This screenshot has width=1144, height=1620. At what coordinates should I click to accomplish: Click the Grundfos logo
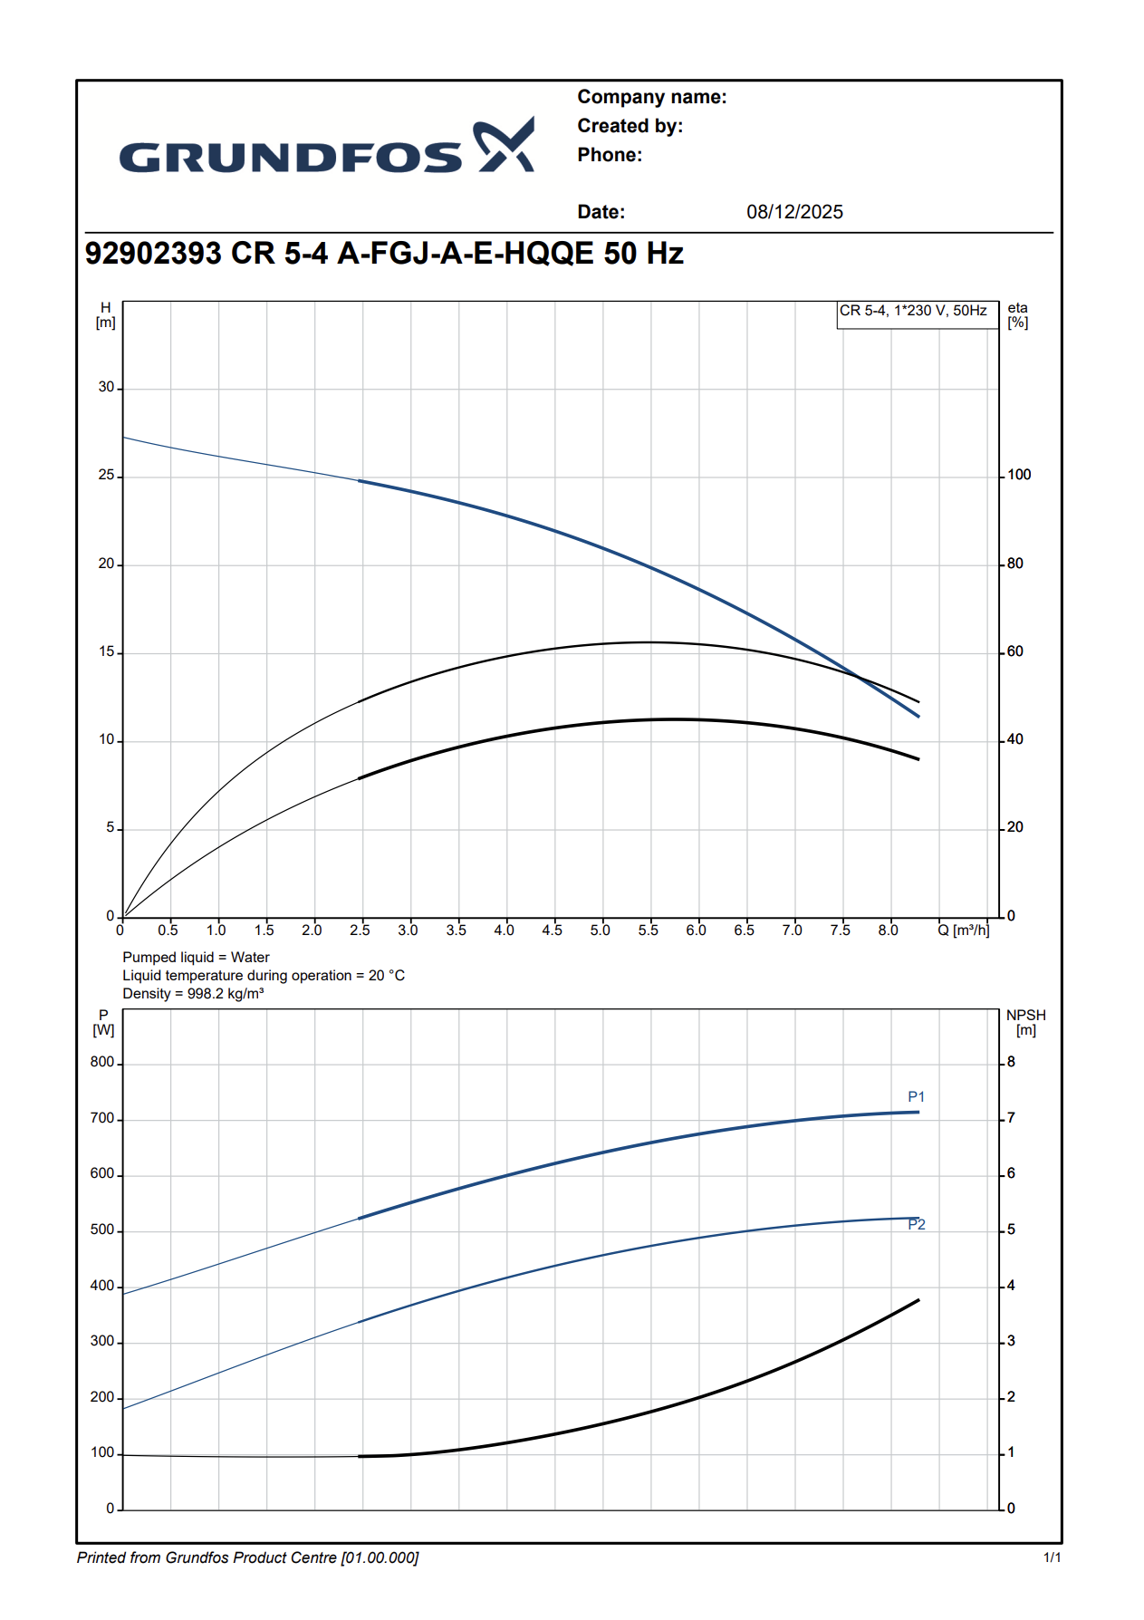tap(326, 147)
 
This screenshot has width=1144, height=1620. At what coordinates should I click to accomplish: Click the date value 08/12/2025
tap(794, 212)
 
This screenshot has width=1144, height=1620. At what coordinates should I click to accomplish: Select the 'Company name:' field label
tap(651, 97)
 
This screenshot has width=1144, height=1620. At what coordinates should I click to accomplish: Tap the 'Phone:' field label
tap(610, 155)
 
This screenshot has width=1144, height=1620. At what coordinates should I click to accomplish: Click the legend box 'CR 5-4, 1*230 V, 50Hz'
tap(913, 311)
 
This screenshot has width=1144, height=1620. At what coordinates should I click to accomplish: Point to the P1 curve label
tap(916, 1097)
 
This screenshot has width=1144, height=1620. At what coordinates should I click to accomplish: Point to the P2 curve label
tap(917, 1225)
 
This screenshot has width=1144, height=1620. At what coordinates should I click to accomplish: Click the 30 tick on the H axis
tap(107, 388)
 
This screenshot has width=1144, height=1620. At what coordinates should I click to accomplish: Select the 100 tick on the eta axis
tap(1019, 475)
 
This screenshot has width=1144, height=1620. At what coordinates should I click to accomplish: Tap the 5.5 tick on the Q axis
tap(648, 931)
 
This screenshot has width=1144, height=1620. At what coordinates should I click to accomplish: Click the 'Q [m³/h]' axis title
tap(963, 931)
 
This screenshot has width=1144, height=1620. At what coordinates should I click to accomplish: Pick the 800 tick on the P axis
tap(102, 1062)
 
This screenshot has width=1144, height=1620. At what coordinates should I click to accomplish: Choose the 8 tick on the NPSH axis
tap(1011, 1062)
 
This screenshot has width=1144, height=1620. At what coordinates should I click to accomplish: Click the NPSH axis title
tap(1025, 1022)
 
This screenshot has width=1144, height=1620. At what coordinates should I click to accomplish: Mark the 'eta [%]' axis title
tap(1017, 315)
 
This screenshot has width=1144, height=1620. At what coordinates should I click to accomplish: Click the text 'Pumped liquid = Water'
tap(196, 958)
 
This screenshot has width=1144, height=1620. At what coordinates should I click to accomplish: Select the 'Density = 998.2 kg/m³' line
tap(193, 994)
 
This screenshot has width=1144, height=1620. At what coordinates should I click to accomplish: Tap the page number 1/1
tap(1052, 1557)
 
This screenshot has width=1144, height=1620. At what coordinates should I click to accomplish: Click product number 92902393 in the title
tap(153, 254)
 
